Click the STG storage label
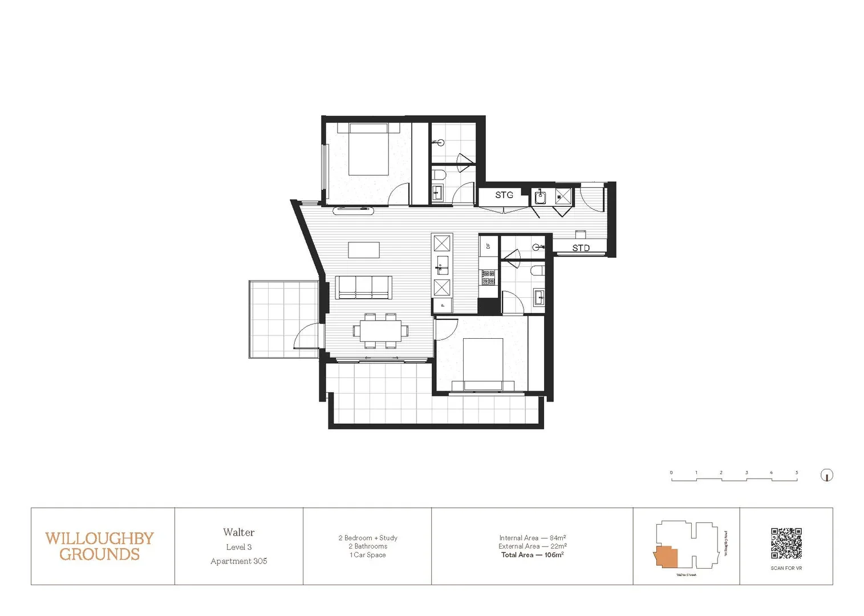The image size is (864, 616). (504, 195)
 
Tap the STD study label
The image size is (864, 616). (581, 248)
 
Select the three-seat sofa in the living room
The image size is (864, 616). (363, 287)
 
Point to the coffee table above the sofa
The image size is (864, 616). (364, 250)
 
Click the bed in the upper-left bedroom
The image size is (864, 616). (368, 149)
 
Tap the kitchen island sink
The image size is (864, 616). (442, 266)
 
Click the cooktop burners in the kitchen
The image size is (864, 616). (488, 278)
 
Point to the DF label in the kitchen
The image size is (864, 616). (488, 246)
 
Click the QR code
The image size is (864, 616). (786, 543)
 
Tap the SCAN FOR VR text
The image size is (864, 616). (786, 568)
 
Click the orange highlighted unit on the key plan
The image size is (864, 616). (666, 557)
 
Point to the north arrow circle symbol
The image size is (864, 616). (826, 475)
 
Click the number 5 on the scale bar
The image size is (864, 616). (796, 473)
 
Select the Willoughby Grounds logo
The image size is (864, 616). (100, 546)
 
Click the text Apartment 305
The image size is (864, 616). (238, 561)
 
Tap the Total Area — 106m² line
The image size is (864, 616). (532, 555)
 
